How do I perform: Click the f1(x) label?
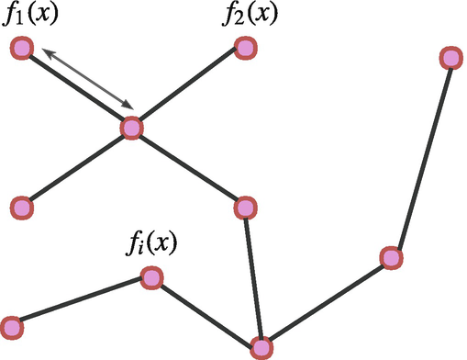click(x=30, y=17)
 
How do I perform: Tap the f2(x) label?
click(x=250, y=17)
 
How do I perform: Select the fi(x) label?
click(x=150, y=244)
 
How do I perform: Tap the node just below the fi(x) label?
click(x=151, y=277)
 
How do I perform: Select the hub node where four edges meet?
click(x=132, y=128)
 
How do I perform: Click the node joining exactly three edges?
click(x=261, y=347)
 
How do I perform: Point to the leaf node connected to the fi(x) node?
click(x=12, y=326)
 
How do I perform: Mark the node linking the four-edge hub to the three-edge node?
click(x=244, y=208)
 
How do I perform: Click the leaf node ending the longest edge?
click(x=450, y=59)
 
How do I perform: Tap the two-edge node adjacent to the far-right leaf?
click(x=391, y=258)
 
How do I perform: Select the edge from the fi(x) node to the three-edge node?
click(x=206, y=312)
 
